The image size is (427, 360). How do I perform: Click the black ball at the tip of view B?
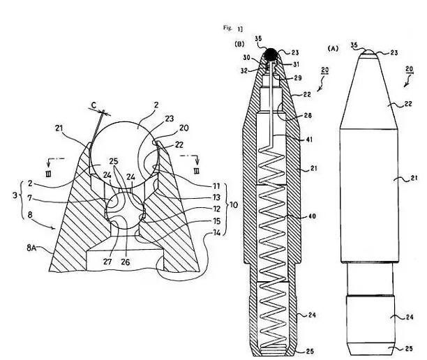click(x=270, y=53)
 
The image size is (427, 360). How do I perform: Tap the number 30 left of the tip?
click(x=246, y=59)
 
